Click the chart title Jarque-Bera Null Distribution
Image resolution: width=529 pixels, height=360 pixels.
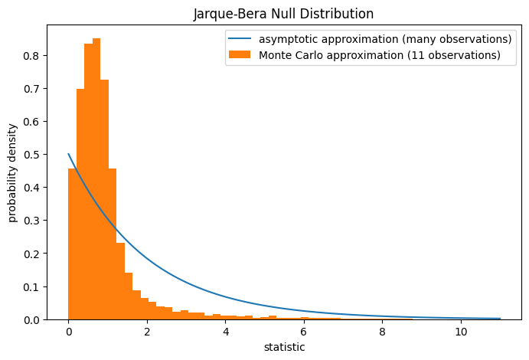click(x=283, y=13)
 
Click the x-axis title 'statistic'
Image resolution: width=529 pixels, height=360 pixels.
click(x=283, y=347)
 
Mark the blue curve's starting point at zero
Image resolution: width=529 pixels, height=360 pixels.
click(x=69, y=154)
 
